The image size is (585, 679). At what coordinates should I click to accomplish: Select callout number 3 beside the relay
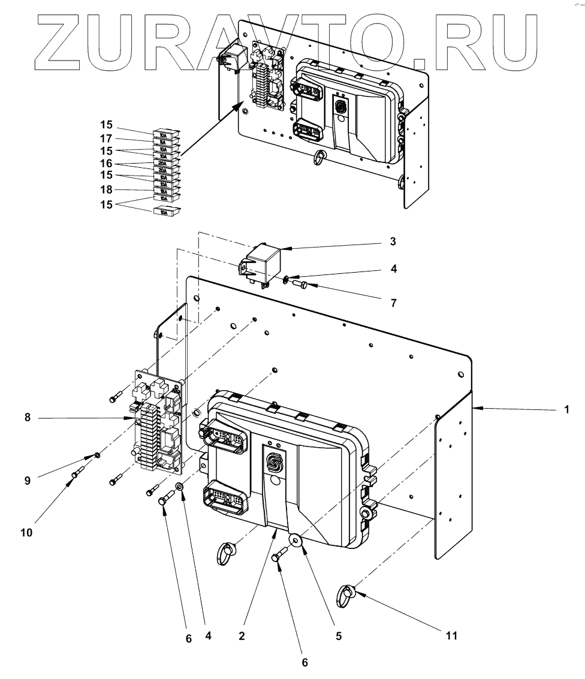(393, 242)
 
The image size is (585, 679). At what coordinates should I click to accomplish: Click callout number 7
(393, 303)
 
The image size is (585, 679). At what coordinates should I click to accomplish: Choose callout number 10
(26, 532)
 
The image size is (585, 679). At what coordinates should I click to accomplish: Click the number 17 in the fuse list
(105, 139)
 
